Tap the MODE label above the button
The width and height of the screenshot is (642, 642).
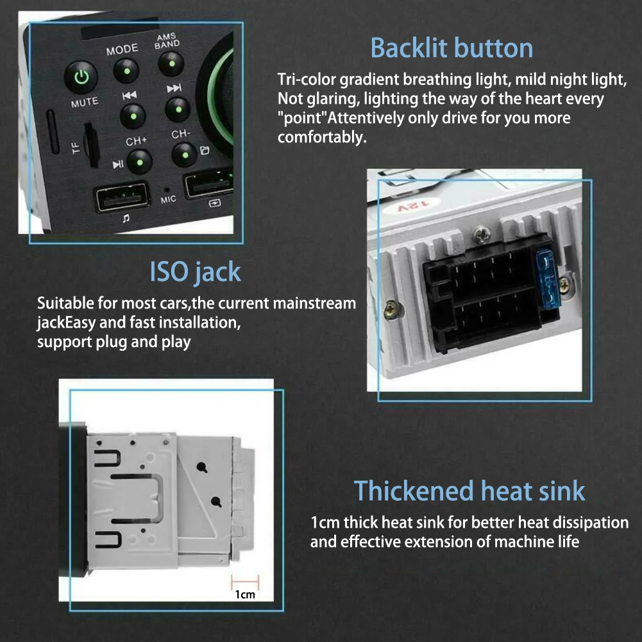[122, 49]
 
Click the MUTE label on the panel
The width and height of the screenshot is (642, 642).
[85, 102]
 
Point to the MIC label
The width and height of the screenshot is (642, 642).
[168, 199]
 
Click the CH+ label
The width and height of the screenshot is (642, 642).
[136, 140]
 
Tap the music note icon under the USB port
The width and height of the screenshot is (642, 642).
[126, 218]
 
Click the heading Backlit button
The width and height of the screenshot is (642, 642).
[452, 48]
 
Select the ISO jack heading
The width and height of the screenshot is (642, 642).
[196, 272]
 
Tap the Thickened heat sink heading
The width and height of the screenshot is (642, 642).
[469, 491]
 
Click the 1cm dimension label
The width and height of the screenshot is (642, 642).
[244, 595]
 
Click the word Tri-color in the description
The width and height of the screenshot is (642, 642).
[306, 80]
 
